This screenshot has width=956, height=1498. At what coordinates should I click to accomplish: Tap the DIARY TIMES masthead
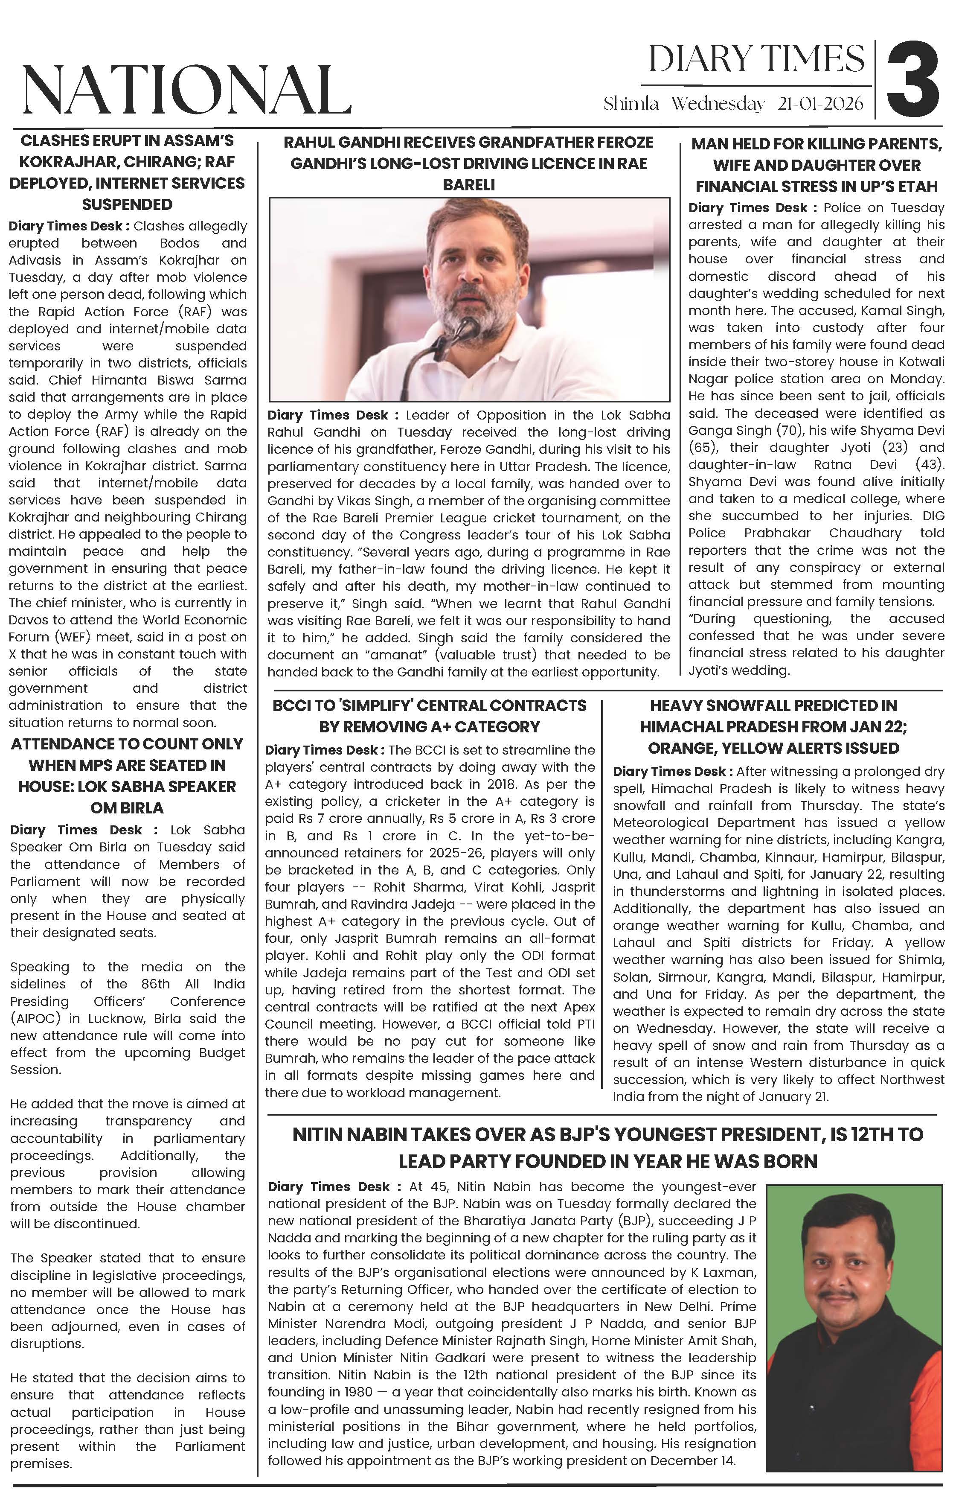point(756,60)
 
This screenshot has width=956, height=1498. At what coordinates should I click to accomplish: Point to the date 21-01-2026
point(820,103)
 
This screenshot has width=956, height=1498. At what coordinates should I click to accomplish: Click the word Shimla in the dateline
point(631,103)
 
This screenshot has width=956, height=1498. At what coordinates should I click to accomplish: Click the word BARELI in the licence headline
point(468,185)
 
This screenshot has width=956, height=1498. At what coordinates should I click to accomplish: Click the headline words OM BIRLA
point(127,808)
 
